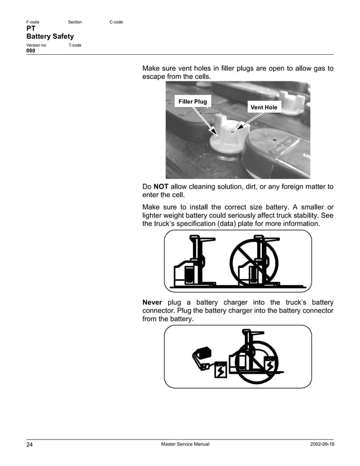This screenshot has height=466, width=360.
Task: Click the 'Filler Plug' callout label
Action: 192,102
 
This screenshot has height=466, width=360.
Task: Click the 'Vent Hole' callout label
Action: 264,107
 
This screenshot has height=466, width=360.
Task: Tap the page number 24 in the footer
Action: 30,445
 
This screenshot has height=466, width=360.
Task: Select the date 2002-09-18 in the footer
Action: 318,445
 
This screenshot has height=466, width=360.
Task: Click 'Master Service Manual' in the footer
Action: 185,445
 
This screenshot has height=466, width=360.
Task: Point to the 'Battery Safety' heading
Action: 50,36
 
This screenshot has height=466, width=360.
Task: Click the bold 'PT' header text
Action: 31,29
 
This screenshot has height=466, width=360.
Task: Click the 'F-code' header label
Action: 33,22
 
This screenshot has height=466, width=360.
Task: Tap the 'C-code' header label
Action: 116,22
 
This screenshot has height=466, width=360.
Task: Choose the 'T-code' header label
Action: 74,45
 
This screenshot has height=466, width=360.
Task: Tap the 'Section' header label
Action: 74,22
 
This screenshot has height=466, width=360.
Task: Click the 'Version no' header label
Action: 37,45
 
